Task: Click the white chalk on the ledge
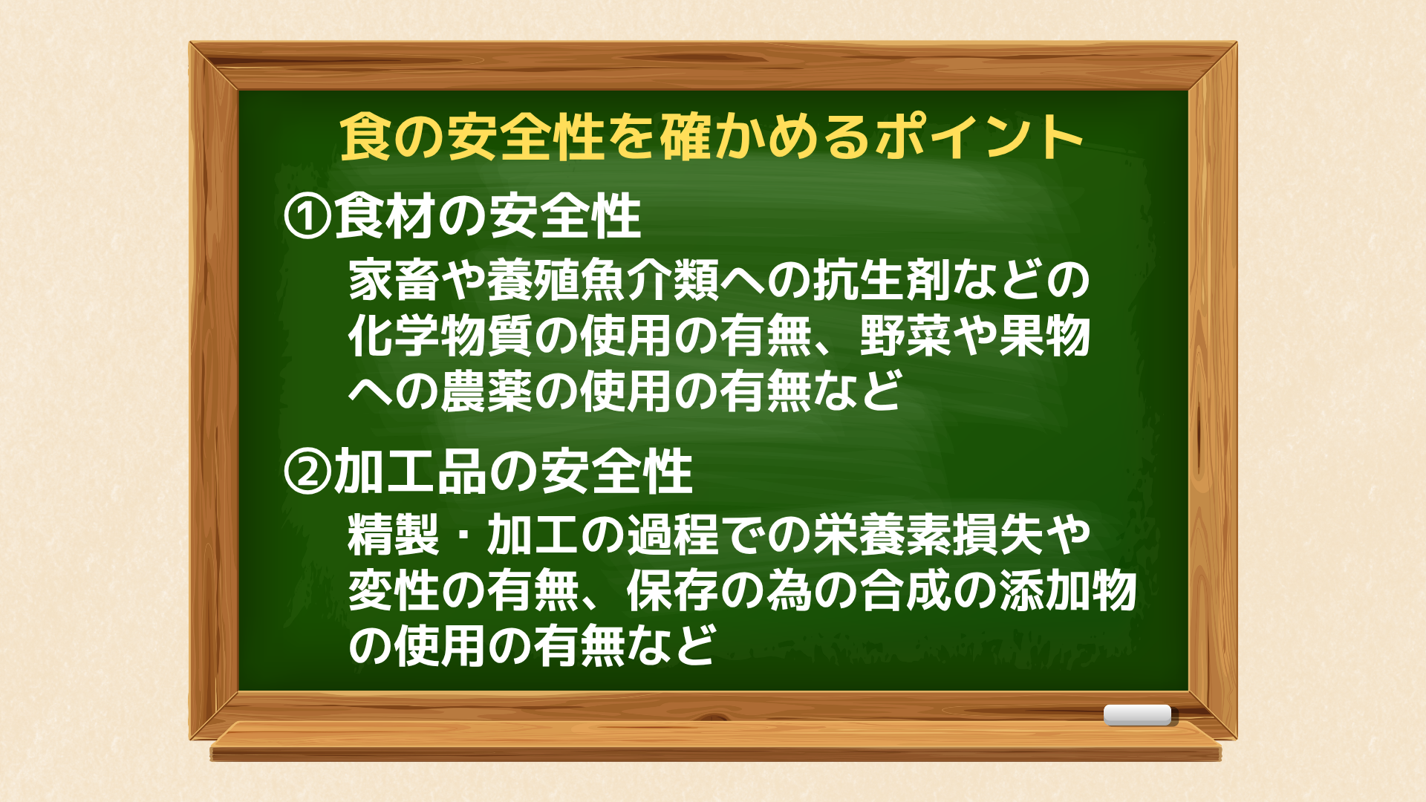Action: coord(1137,714)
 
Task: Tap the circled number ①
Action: coord(307,216)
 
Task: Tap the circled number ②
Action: coord(307,472)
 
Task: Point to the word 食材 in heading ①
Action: coord(384,216)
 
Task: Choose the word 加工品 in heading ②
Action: coord(410,472)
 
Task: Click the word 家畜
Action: coord(394,280)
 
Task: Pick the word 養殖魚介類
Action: coord(602,280)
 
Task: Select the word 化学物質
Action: coord(440,336)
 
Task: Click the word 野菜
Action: coord(905,336)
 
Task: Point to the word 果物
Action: coord(1044,336)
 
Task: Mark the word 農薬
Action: coord(486,391)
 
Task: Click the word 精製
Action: coord(394,535)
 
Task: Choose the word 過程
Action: coord(672,535)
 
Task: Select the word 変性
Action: coord(394,590)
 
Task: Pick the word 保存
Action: coord(672,590)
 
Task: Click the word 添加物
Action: coord(1067,590)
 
